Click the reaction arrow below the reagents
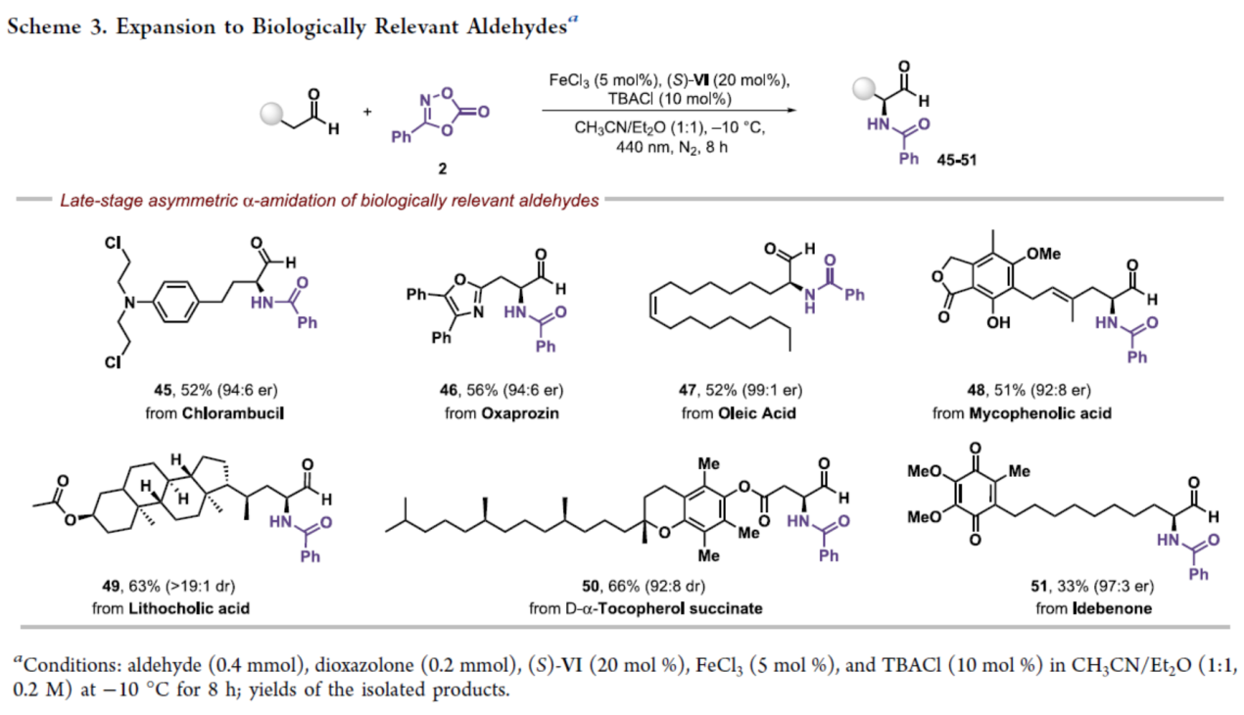pyautogui.click(x=667, y=111)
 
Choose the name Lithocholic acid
pyautogui.click(x=199, y=608)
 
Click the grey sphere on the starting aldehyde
pyautogui.click(x=270, y=113)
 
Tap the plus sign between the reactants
pyautogui.click(x=367, y=111)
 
